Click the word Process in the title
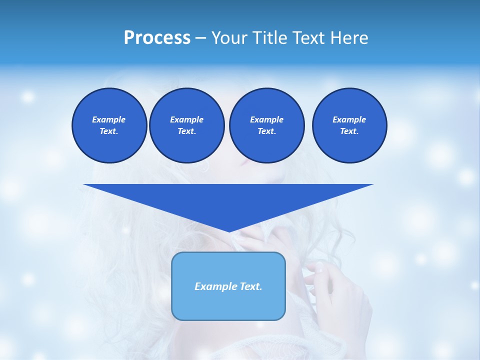pyautogui.click(x=157, y=38)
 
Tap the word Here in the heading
pyautogui.click(x=349, y=38)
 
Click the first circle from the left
pyautogui.click(x=109, y=125)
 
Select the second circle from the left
pyautogui.click(x=186, y=125)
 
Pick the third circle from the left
pyautogui.click(x=266, y=125)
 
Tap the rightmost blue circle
pyautogui.click(x=349, y=125)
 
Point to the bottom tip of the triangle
pyautogui.click(x=229, y=230)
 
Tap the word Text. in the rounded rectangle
pyautogui.click(x=250, y=286)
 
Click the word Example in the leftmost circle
pyautogui.click(x=109, y=119)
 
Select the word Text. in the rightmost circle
pyautogui.click(x=349, y=131)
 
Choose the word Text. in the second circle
pyautogui.click(x=186, y=131)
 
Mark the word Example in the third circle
pyautogui.click(x=266, y=119)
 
